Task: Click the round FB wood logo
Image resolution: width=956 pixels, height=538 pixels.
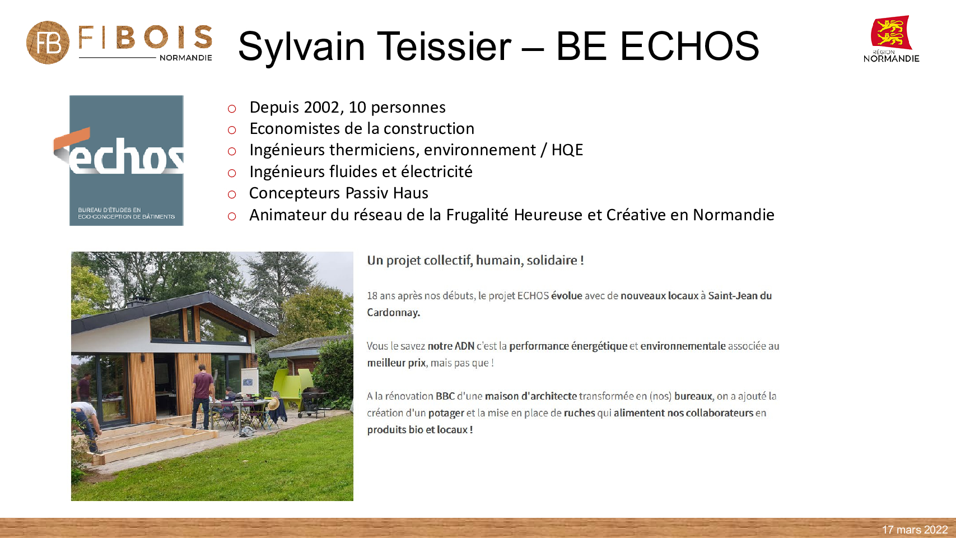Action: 48,43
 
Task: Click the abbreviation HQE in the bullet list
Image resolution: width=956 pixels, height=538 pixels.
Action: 567,150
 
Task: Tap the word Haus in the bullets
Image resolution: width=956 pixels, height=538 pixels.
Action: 411,193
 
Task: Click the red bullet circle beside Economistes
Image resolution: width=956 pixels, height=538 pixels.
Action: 232,130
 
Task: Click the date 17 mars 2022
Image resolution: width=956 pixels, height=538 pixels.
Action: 915,530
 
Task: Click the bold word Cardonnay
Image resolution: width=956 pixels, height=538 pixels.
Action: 394,313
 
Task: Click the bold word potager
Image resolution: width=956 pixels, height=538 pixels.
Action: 446,414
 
